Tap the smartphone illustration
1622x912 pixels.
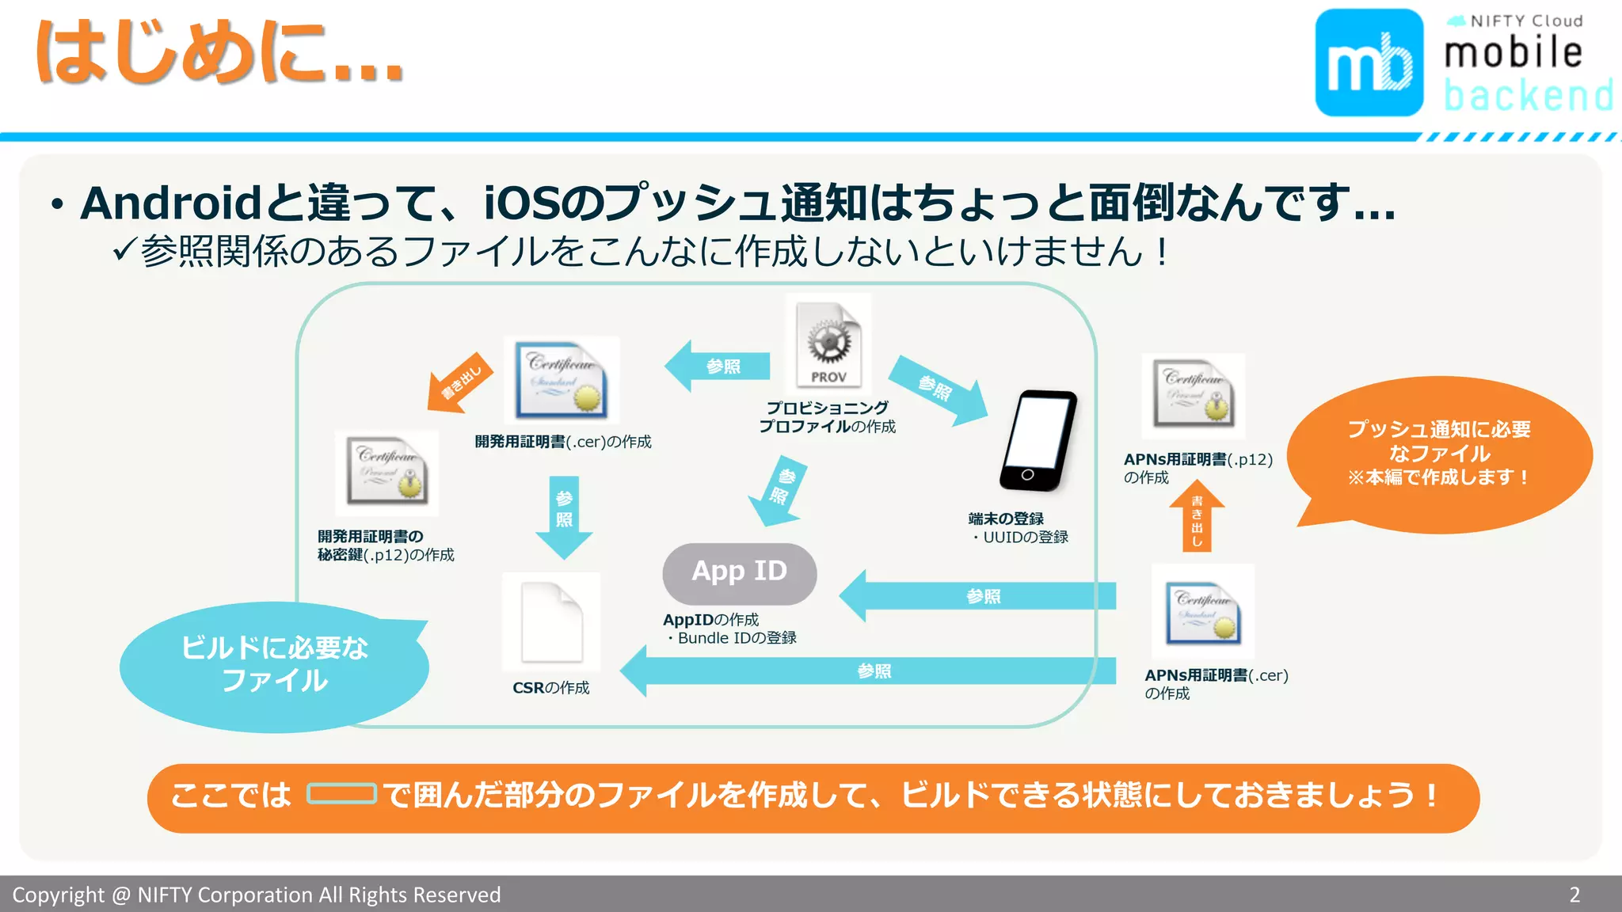1038,441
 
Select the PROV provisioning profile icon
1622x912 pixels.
828,345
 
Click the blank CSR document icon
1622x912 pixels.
552,622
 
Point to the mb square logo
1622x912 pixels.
1369,63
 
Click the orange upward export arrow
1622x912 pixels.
1197,518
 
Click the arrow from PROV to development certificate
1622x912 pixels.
717,366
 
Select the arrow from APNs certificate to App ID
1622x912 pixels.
977,596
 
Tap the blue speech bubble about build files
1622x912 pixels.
274,665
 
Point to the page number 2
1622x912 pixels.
1574,895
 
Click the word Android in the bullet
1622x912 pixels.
171,203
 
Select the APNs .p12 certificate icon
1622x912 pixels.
1194,396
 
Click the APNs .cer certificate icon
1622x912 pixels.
1203,612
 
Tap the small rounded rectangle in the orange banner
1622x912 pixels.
341,793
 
